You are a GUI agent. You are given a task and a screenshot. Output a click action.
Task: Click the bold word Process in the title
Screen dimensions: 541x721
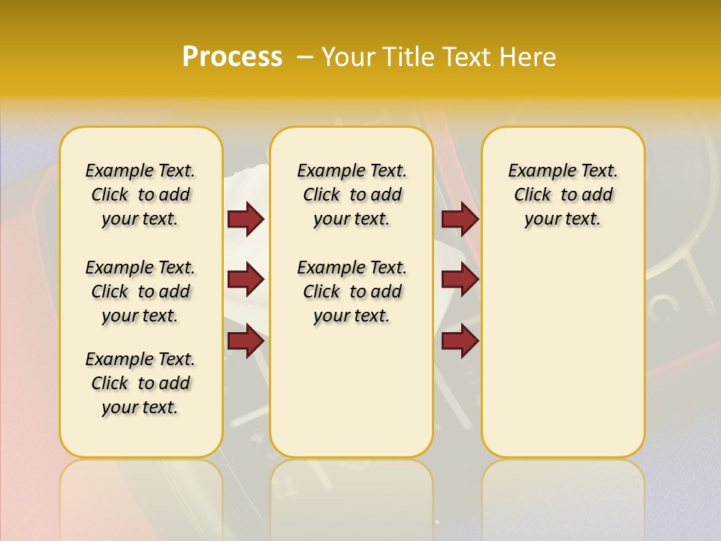(232, 57)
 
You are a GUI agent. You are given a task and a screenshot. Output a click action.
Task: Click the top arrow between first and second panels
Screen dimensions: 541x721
(246, 219)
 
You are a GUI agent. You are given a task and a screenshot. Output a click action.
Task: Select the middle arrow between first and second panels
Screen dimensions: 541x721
(246, 280)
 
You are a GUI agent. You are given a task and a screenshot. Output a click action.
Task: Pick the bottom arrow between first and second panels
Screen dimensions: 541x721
(246, 340)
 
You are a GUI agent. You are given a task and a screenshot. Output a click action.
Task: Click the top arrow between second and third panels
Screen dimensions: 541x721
(460, 219)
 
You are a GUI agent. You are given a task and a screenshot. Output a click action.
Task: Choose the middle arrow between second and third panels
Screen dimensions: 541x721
(460, 280)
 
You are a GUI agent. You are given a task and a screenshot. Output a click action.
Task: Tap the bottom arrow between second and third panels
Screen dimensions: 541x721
(460, 340)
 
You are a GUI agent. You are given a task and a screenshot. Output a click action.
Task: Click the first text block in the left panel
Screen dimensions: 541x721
(140, 195)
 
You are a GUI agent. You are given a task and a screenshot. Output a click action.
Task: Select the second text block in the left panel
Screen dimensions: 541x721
(140, 292)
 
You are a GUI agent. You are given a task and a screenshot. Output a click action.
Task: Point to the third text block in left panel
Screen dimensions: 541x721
(140, 383)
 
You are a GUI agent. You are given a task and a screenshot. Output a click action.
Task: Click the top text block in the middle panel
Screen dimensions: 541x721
(352, 195)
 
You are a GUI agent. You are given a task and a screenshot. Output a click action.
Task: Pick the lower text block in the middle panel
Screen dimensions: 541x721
(352, 292)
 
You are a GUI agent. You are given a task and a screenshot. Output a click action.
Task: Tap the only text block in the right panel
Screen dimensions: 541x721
(563, 195)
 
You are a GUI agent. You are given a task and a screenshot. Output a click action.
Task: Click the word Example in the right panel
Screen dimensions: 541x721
(536, 171)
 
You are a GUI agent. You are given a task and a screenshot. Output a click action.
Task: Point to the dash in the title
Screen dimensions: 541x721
(305, 58)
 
